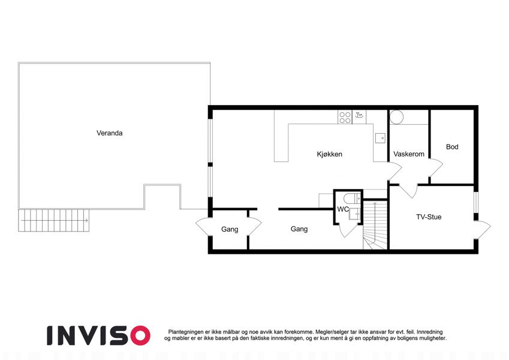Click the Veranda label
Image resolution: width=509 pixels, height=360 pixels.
pos(109,133)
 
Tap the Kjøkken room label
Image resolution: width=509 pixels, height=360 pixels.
pos(330,154)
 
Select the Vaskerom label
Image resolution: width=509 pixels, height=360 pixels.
pos(409,154)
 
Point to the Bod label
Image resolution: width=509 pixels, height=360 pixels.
pos(452,147)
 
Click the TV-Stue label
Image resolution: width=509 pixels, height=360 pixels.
pos(429,217)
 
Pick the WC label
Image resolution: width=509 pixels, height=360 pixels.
pos(343,209)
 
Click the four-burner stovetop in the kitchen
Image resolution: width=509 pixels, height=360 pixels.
pos(345,117)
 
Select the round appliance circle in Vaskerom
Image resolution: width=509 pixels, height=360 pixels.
pos(396,117)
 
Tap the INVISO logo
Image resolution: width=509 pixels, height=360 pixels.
pos(98,335)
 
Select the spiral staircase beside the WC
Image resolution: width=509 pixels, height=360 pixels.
pos(375,225)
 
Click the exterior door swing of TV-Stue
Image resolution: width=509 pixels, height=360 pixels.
pos(483,230)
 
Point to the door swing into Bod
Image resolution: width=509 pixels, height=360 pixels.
pos(436,168)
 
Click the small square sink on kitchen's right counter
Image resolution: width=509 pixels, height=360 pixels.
pos(380,138)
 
